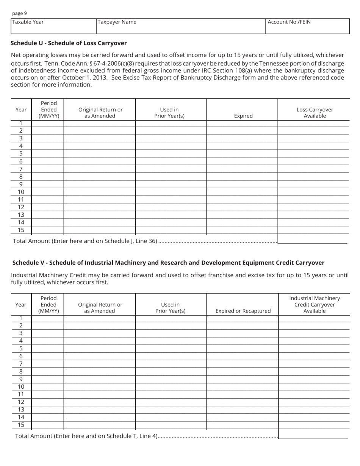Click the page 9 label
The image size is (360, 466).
click(x=19, y=13)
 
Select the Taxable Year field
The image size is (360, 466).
click(x=53, y=26)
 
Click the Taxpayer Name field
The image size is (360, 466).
click(x=181, y=26)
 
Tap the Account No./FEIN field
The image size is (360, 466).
click(x=307, y=26)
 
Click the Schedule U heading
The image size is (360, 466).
click(x=69, y=43)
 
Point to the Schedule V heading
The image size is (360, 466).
click(x=168, y=263)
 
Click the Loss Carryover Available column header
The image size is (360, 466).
click(x=315, y=113)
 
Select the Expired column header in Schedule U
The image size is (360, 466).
click(x=243, y=116)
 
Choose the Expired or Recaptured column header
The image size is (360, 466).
click(x=243, y=311)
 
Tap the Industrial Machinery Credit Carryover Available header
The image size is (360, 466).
click(x=315, y=304)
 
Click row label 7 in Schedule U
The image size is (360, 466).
click(x=21, y=169)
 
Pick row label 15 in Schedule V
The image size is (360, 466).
click(x=21, y=425)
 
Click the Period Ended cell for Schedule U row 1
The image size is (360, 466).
click(x=48, y=123)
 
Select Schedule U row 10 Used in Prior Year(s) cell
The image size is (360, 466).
click(x=171, y=192)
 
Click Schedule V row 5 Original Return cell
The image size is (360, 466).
click(x=100, y=348)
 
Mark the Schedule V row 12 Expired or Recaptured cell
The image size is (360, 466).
click(x=243, y=402)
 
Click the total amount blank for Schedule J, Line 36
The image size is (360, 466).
click(x=313, y=240)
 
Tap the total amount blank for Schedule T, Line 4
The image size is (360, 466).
click(x=313, y=436)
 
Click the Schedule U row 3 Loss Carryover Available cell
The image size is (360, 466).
click(x=313, y=138)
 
